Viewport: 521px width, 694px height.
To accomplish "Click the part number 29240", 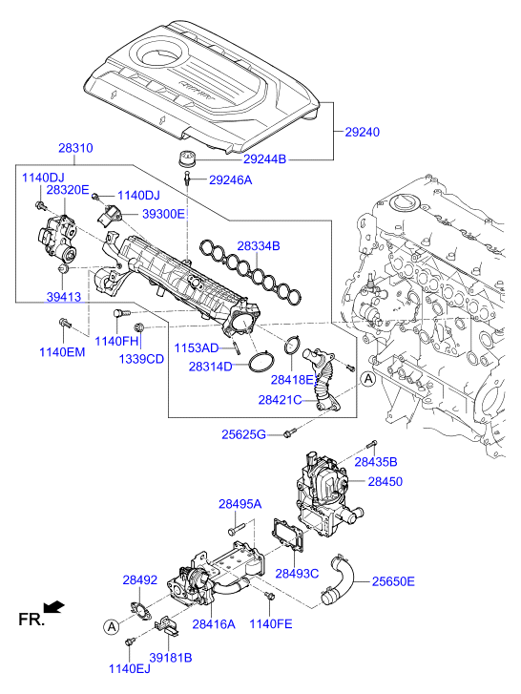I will [364, 134].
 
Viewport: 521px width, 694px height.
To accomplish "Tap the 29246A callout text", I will [231, 179].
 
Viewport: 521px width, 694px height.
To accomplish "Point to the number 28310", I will [75, 149].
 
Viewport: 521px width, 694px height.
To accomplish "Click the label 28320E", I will [68, 190].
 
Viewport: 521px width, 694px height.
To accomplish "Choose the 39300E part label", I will [164, 214].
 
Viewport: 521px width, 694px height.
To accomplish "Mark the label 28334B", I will [259, 246].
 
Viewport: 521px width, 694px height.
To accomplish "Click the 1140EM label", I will [62, 352].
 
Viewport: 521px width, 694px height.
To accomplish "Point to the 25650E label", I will [393, 579].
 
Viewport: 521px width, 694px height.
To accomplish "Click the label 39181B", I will [171, 658].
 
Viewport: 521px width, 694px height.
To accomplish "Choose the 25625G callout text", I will [245, 434].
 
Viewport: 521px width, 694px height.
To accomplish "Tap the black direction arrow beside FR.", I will [57, 605].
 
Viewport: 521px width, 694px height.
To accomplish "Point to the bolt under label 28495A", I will [232, 527].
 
